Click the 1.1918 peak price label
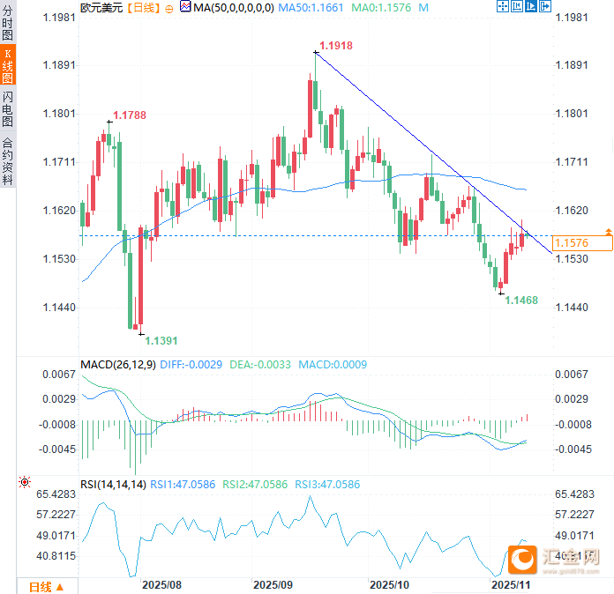pyautogui.click(x=335, y=45)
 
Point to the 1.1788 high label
pyautogui.click(x=129, y=115)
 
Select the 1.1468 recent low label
pyautogui.click(x=521, y=301)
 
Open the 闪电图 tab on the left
pyautogui.click(x=8, y=108)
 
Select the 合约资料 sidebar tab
pyautogui.click(x=8, y=160)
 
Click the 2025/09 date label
pyautogui.click(x=273, y=584)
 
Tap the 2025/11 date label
pyautogui.click(x=510, y=584)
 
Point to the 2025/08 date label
pyautogui.click(x=161, y=584)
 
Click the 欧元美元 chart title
pyautogui.click(x=101, y=7)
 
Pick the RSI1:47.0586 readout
pyautogui.click(x=183, y=484)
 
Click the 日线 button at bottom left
pyautogui.click(x=46, y=587)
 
